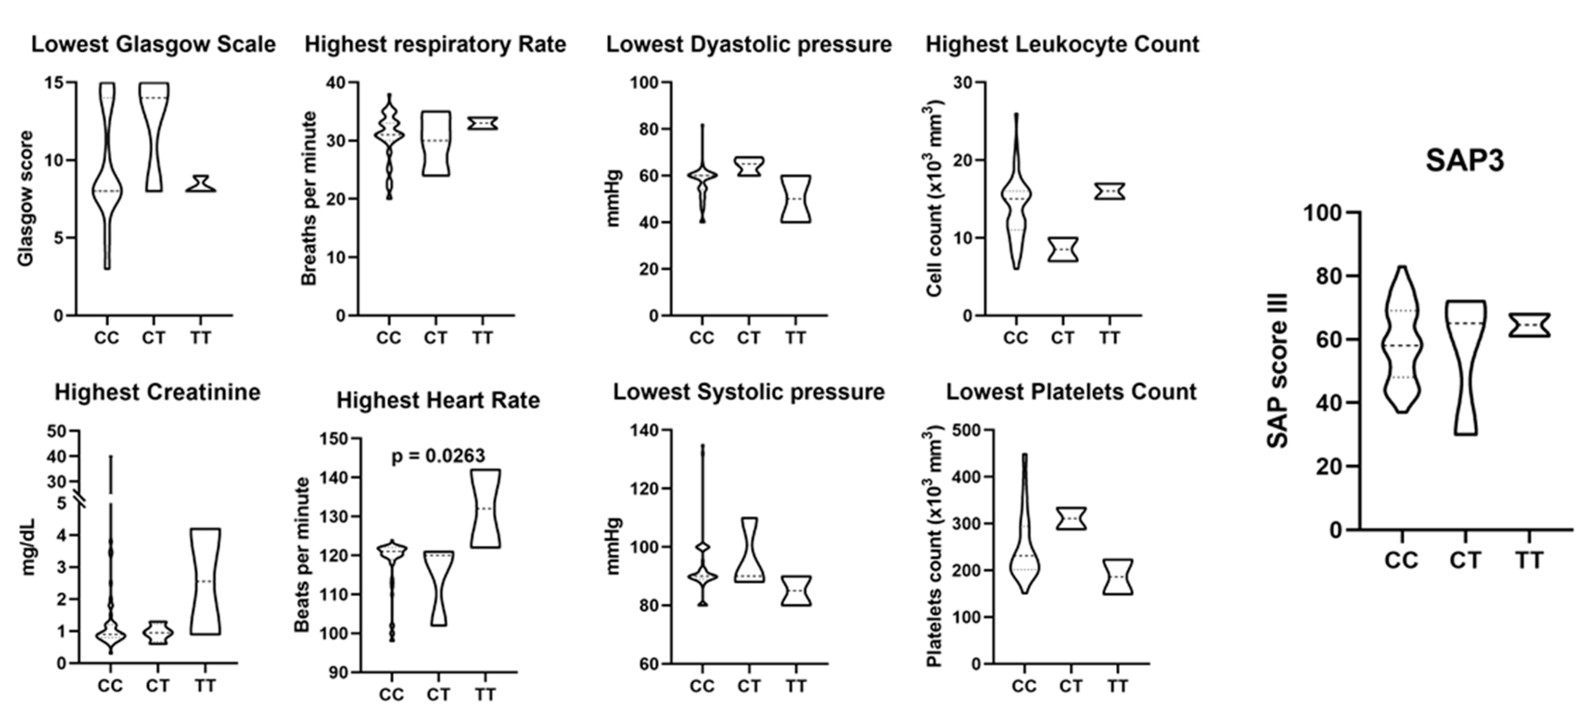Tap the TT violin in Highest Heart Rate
(x=485, y=508)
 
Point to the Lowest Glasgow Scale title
(x=153, y=44)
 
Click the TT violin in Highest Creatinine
(x=205, y=581)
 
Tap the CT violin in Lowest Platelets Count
(x=1071, y=518)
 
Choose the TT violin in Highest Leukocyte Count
(x=1109, y=191)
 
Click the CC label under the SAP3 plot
(x=1401, y=561)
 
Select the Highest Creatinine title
(x=157, y=393)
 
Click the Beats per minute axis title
(x=301, y=555)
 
